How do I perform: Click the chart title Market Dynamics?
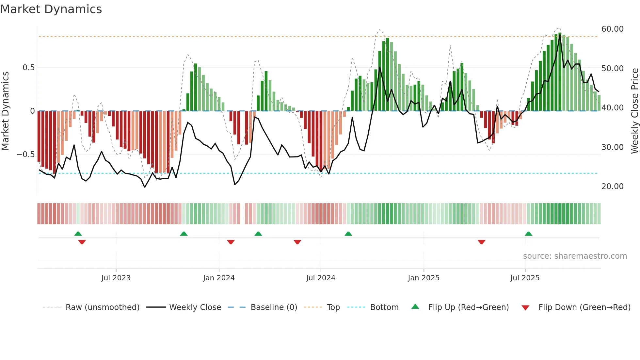point(51,9)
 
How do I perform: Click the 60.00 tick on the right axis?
point(612,29)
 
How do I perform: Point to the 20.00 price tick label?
point(612,187)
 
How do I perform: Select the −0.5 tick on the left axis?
point(25,154)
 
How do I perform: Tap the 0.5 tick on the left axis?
point(28,68)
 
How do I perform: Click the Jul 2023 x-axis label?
point(116,278)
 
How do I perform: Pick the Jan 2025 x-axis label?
point(424,278)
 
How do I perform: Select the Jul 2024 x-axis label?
point(321,278)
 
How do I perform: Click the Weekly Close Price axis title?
point(634,111)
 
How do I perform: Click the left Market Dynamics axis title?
point(5,111)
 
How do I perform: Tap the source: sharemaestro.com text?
point(575,256)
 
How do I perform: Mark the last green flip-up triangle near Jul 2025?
point(528,234)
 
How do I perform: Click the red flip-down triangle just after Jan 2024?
point(231,242)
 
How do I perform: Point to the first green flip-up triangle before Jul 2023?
point(78,234)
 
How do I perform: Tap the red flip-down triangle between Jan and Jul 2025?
point(481,242)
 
